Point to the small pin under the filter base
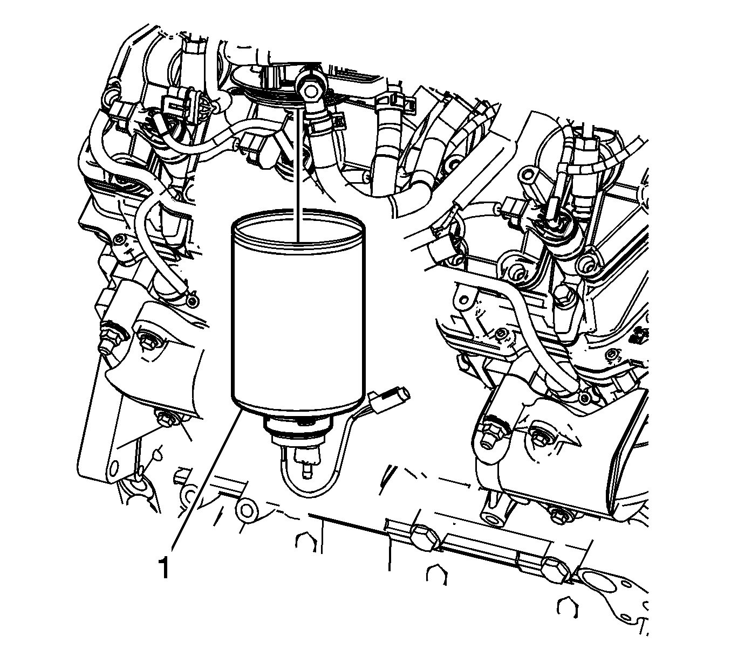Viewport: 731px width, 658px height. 306,470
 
